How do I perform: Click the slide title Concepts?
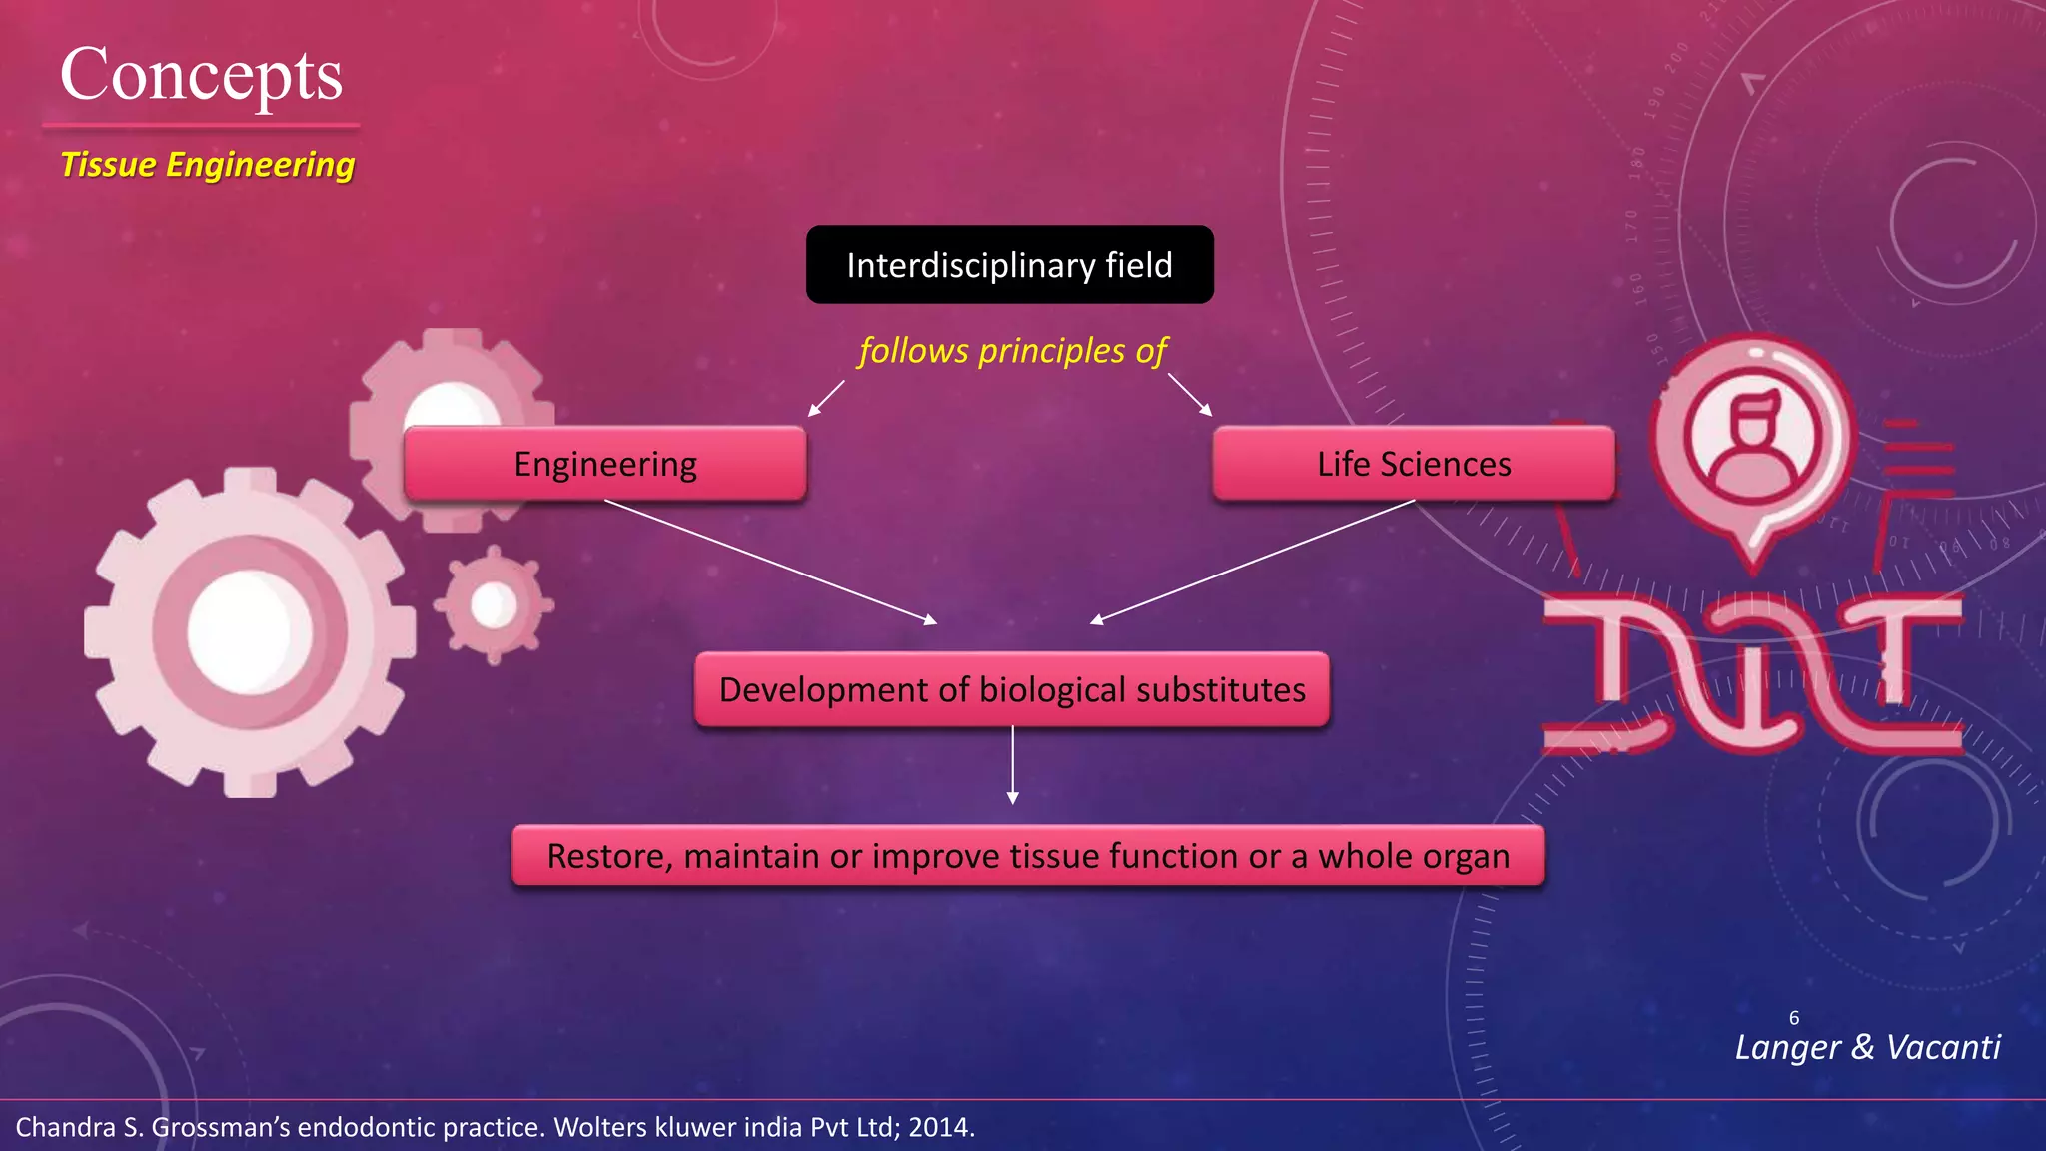[201, 76]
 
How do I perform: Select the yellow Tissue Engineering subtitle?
[207, 165]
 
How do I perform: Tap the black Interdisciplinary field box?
[1009, 265]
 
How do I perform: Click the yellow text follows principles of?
[1012, 351]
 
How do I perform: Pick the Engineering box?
[605, 464]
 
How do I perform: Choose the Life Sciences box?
[1413, 464]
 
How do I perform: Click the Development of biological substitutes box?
[1012, 690]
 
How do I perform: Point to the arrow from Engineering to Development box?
[769, 562]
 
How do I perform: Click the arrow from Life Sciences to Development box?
[1254, 562]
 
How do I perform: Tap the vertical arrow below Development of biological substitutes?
[1012, 765]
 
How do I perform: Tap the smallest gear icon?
[494, 605]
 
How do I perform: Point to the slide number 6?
[1794, 1018]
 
